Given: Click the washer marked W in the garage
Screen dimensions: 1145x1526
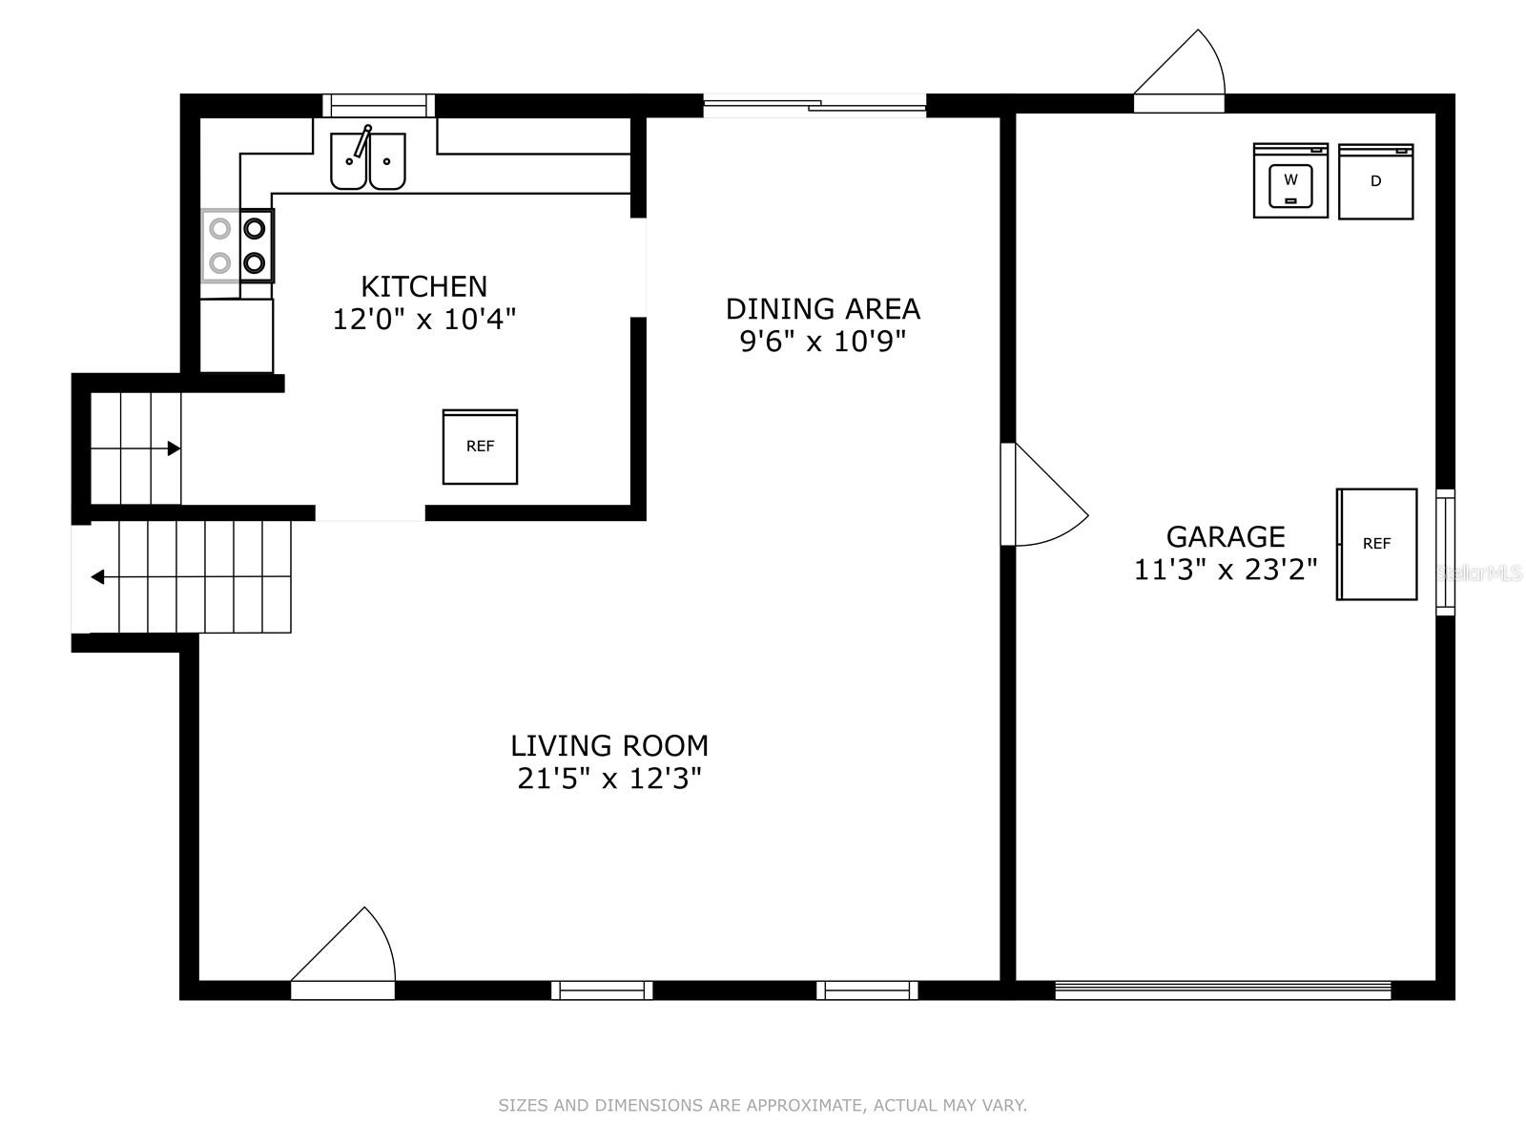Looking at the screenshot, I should click(x=1290, y=180).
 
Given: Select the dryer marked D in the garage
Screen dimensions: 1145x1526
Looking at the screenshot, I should click(x=1375, y=181).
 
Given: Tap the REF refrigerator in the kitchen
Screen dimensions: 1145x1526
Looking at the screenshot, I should click(x=480, y=447).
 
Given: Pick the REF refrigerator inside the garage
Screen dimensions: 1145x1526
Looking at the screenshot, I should click(x=1376, y=544).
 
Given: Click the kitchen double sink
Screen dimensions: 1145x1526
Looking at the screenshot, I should click(x=368, y=161).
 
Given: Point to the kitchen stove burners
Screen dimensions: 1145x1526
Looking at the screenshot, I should click(x=237, y=245).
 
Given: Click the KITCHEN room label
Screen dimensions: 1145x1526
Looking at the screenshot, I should click(x=423, y=286).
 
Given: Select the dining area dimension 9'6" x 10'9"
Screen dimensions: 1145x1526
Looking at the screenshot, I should click(x=822, y=341).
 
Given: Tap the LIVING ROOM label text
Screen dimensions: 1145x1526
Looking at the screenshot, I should click(x=609, y=745).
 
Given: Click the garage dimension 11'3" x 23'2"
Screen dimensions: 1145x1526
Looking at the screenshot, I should click(x=1226, y=570).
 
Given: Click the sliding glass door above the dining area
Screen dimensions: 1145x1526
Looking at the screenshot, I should click(x=815, y=105).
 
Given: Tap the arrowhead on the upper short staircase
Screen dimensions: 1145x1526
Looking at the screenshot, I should click(x=175, y=448).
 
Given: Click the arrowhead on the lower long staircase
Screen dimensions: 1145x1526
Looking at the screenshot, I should click(x=97, y=577).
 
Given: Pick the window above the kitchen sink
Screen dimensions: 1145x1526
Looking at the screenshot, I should click(x=379, y=105).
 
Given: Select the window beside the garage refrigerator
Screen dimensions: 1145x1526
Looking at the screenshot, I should click(x=1445, y=552).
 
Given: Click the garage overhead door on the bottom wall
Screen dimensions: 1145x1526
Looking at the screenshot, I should click(x=1223, y=990).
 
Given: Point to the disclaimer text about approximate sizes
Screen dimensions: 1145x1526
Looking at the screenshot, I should click(x=762, y=1105).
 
